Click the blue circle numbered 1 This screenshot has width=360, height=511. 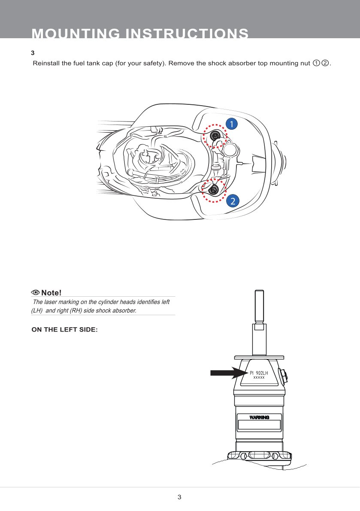[231, 124]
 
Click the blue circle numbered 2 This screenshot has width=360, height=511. [232, 201]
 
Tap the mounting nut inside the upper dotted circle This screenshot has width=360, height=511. [215, 137]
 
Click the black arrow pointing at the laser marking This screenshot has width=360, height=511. [227, 373]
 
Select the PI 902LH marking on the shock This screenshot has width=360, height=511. [259, 373]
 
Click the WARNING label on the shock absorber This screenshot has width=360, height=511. [259, 417]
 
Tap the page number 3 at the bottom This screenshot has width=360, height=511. [179, 497]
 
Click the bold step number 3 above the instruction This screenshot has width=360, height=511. [33, 53]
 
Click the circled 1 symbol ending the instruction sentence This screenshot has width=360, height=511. [316, 64]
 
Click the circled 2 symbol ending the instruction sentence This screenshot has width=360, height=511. [325, 64]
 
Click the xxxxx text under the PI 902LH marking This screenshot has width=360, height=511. [259, 378]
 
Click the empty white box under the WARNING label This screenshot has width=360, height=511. [259, 425]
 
